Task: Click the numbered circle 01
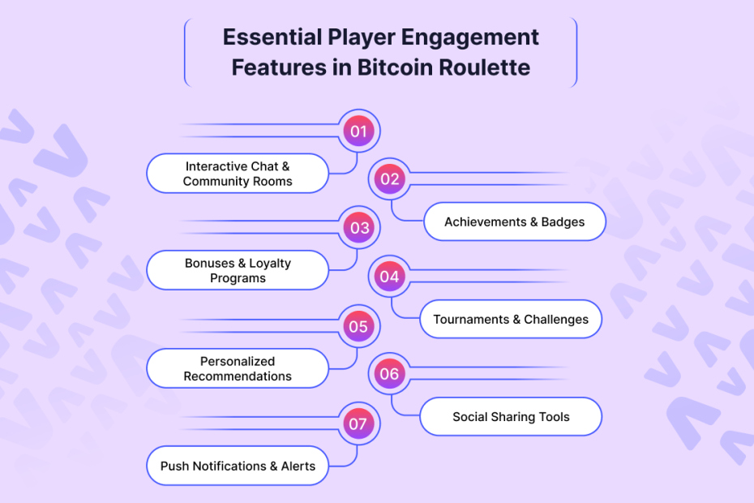point(358,131)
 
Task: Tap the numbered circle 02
point(390,179)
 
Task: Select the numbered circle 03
point(358,228)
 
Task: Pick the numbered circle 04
point(390,277)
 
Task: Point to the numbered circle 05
point(358,327)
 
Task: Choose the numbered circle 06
point(390,374)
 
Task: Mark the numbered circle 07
point(358,423)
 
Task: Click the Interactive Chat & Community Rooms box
point(238,174)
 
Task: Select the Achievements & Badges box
point(514,221)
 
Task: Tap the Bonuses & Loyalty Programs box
point(238,271)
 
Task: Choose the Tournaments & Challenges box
point(511,320)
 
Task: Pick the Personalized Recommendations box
point(238,369)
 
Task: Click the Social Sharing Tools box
point(511,417)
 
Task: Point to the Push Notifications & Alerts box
point(238,466)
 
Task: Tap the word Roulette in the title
point(485,67)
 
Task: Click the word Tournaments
point(470,320)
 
